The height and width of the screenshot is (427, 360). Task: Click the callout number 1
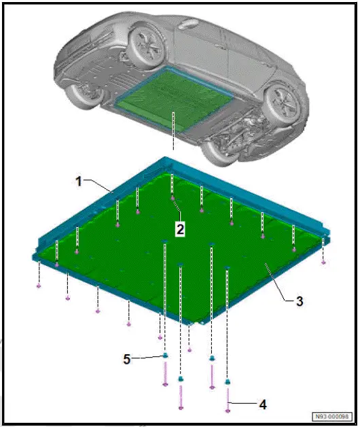[79, 182]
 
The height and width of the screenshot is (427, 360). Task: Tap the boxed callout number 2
[180, 229]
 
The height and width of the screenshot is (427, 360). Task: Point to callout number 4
[262, 404]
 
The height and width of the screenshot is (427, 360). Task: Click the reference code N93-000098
[331, 416]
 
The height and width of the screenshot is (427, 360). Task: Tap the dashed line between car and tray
[173, 136]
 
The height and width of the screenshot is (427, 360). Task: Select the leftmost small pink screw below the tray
[39, 285]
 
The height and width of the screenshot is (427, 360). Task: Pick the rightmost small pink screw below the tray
[323, 261]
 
